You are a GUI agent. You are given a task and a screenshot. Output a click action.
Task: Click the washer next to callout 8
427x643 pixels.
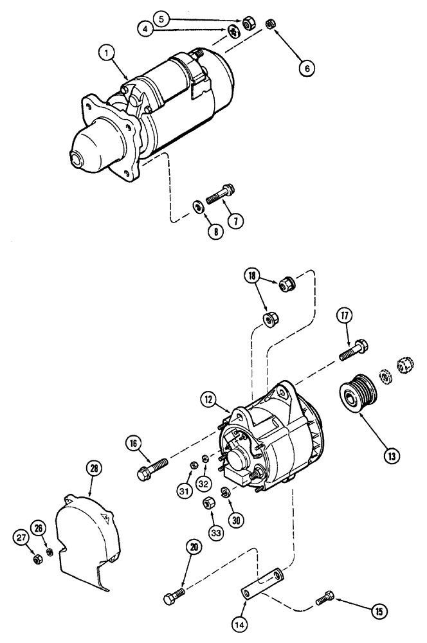pos(199,206)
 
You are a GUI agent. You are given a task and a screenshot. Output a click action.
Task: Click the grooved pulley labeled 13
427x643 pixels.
pos(356,392)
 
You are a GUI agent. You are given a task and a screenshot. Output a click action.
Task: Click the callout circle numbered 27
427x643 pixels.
pos(23,538)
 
